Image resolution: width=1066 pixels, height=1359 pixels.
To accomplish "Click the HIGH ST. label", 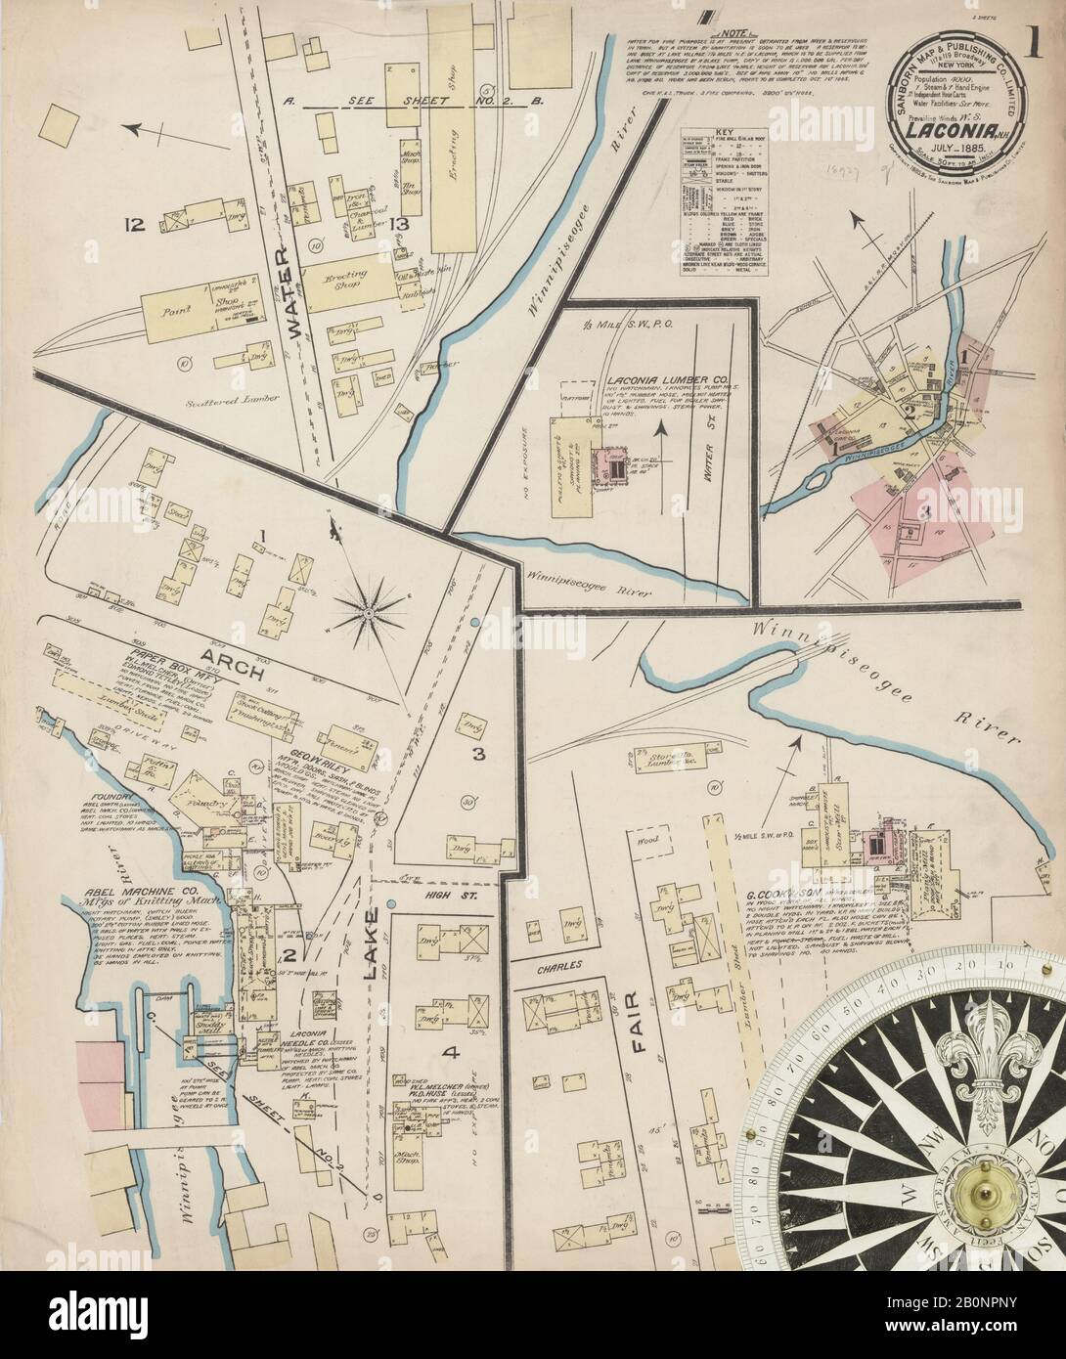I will click(x=448, y=893).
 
